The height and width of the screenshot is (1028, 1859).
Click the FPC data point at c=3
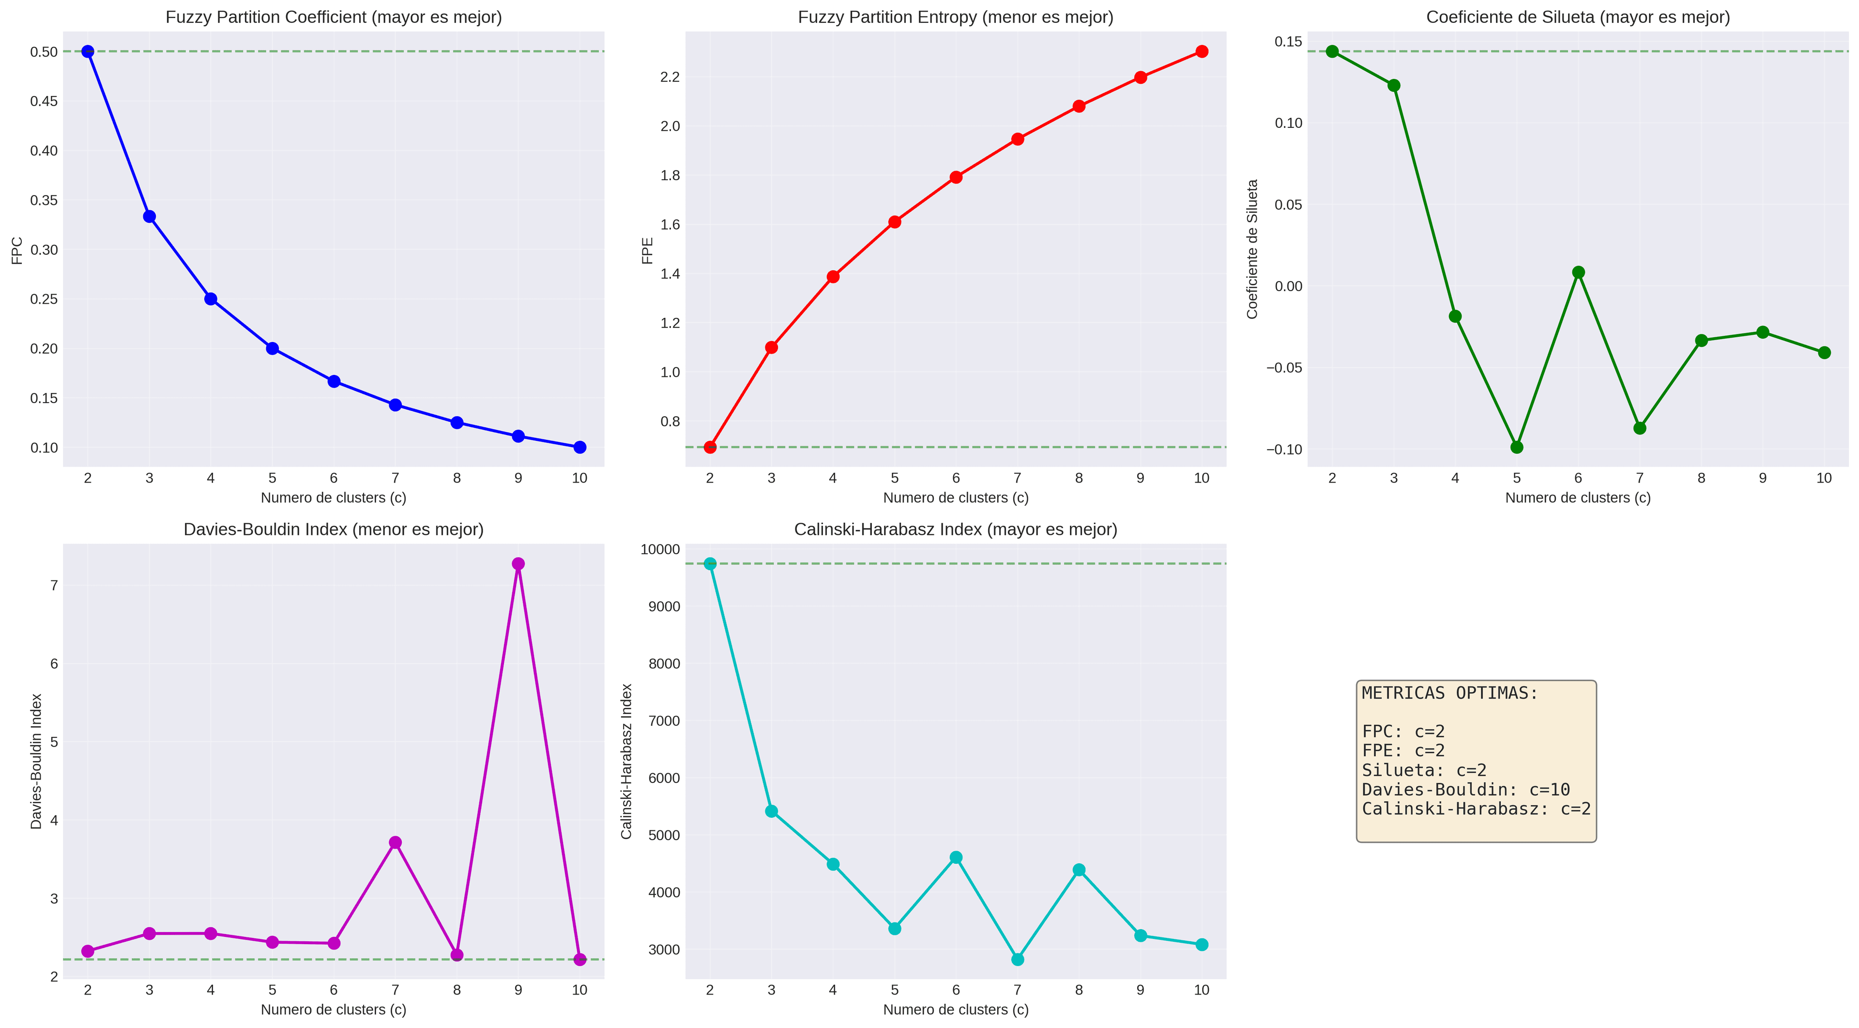pos(150,217)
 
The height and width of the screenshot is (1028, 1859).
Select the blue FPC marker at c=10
pos(579,448)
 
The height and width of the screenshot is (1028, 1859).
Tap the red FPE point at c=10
pos(1202,51)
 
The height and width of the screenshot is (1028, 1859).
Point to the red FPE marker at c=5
pos(894,221)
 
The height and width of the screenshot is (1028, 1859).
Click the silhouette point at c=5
pos(1516,448)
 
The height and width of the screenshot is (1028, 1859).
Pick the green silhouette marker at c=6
pos(1578,272)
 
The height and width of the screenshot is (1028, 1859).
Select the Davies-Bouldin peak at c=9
pos(518,564)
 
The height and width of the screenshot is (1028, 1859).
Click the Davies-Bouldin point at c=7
pos(395,842)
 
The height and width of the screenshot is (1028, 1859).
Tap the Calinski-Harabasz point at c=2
pos(710,564)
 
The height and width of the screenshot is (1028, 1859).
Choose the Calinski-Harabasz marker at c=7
pos(1018,959)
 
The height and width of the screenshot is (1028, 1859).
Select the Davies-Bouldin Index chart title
pos(334,529)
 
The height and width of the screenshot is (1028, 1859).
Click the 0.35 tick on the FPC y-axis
pos(43,200)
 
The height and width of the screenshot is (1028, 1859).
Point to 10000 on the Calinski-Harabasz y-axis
pos(659,549)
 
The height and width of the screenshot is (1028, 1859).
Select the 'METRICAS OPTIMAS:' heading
pos(1450,693)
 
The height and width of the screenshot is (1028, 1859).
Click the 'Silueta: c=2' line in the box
pos(1424,770)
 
